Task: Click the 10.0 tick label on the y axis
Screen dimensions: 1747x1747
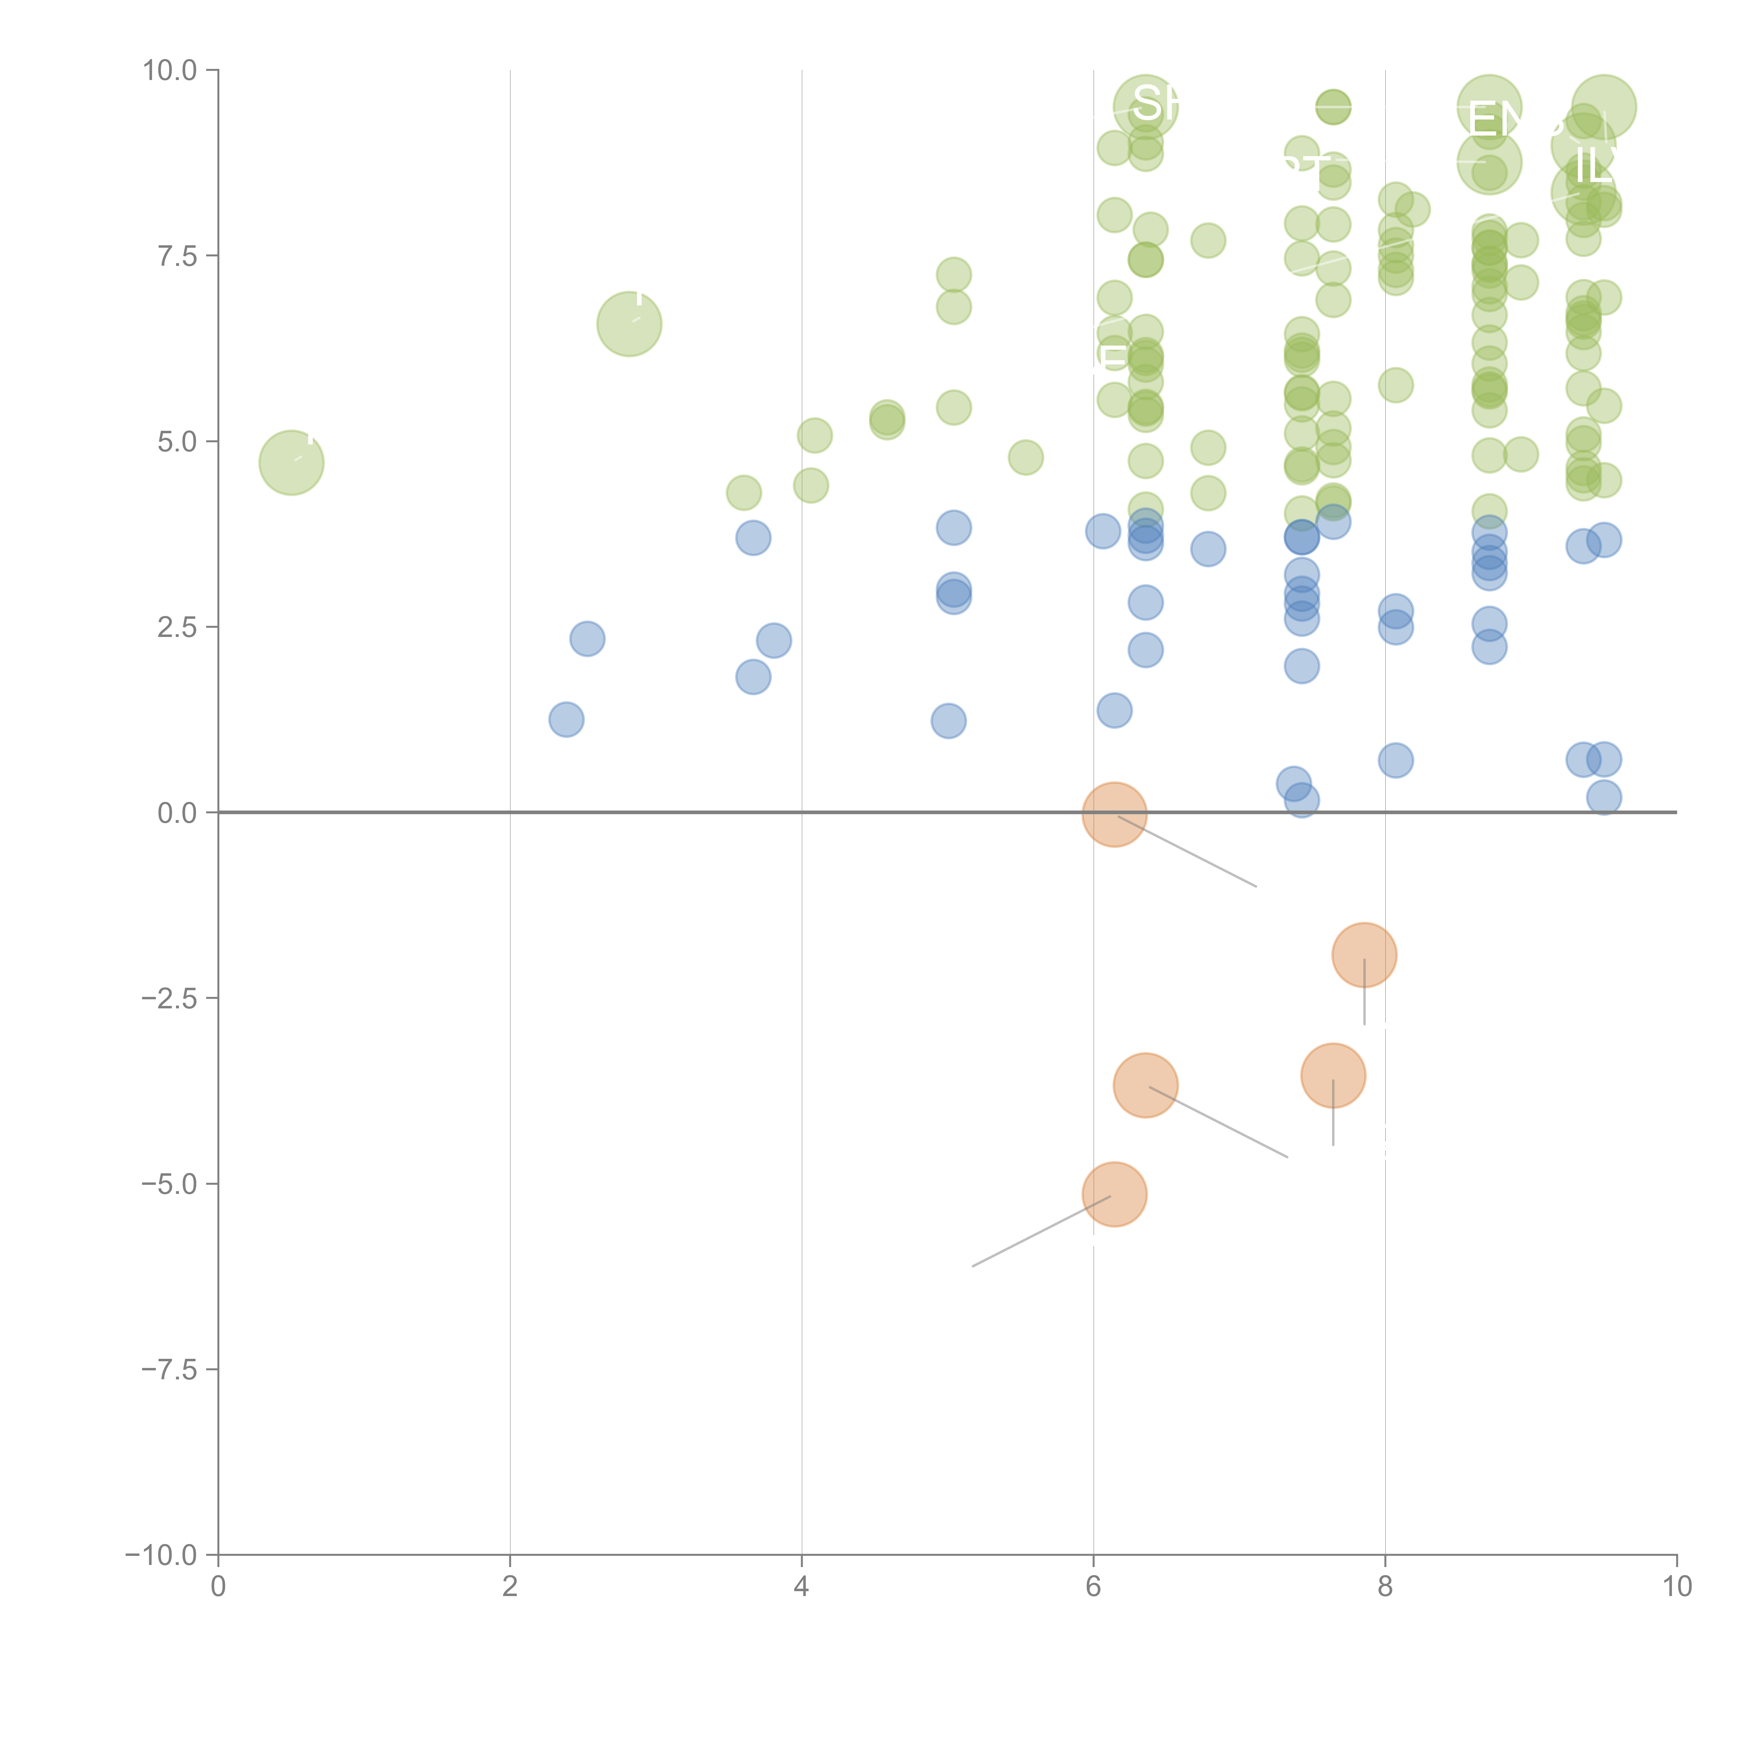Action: [170, 71]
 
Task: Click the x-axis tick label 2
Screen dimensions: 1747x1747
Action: [510, 1587]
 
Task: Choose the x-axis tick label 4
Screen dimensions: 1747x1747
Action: [801, 1587]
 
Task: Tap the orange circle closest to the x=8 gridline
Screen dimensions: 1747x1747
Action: [1364, 955]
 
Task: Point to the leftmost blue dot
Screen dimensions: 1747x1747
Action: [566, 720]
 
